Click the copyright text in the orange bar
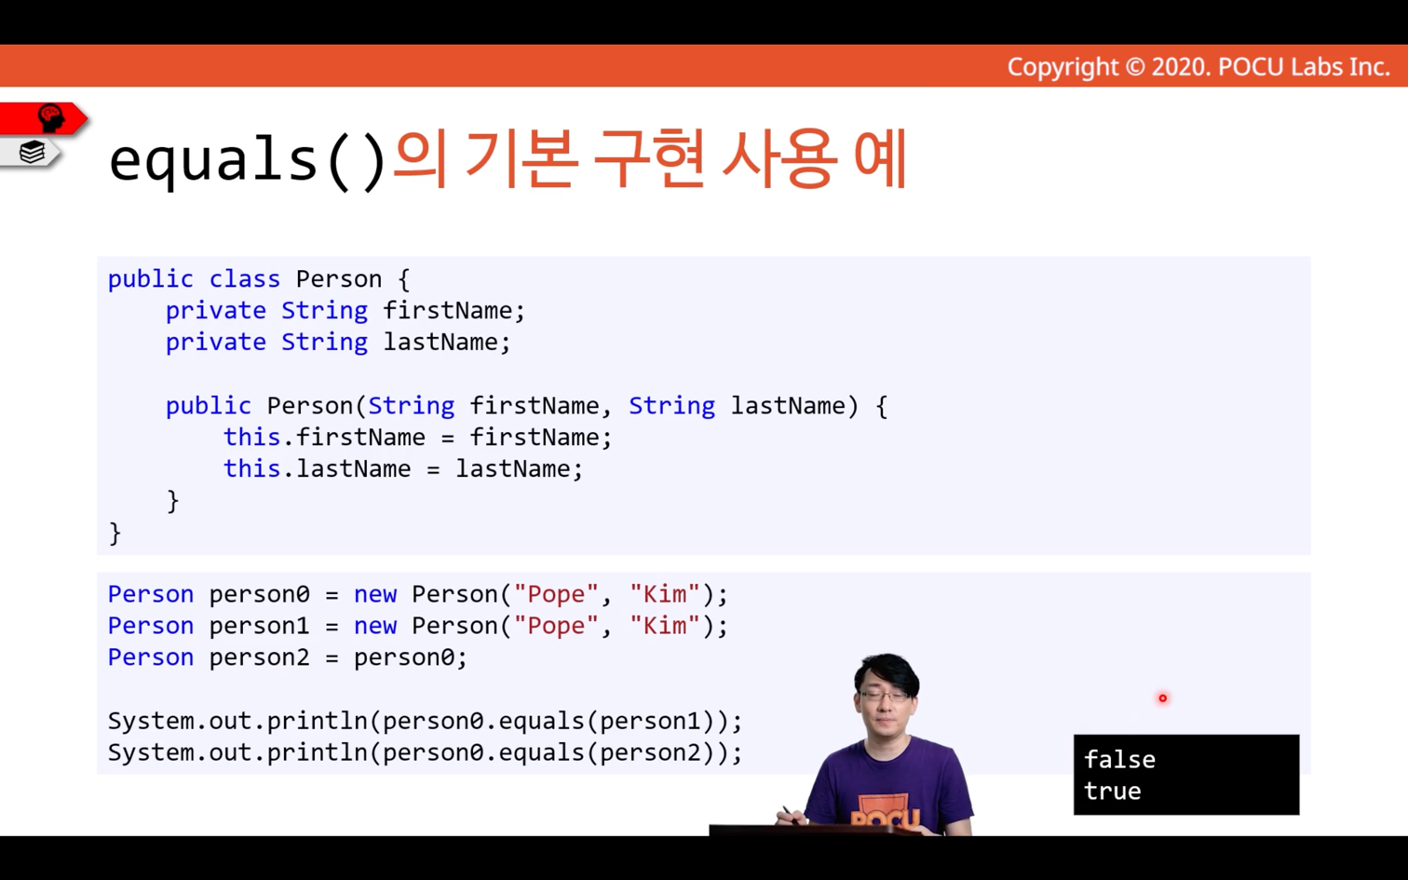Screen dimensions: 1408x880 [1198, 67]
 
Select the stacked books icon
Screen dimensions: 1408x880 [32, 152]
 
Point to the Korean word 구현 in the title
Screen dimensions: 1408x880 [648, 158]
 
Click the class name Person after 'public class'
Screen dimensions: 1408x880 [339, 278]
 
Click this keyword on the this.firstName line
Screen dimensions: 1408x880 [251, 437]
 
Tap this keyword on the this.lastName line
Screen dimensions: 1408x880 [251, 468]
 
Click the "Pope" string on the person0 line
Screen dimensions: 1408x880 [556, 594]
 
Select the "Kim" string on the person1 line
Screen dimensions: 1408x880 [664, 626]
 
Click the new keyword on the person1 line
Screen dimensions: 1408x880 [375, 626]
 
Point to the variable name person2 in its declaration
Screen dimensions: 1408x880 [259, 657]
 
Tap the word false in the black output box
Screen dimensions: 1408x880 [1119, 759]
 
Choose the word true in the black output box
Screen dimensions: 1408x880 [1112, 791]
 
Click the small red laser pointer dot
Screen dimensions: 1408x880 [1163, 697]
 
